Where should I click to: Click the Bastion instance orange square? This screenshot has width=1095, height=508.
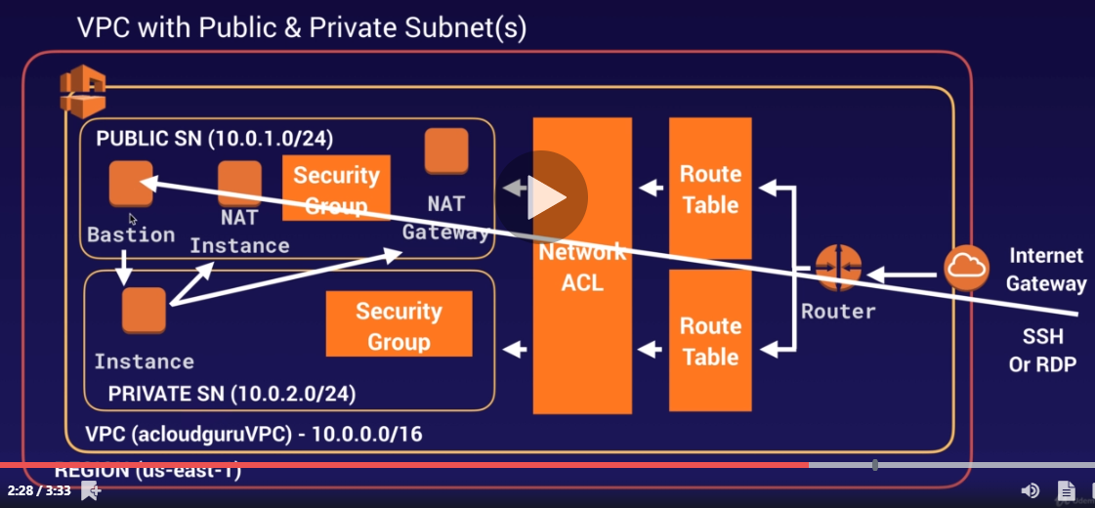pos(131,184)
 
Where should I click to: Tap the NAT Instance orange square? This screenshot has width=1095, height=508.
pos(239,183)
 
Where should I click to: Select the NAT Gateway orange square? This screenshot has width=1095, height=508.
pos(446,151)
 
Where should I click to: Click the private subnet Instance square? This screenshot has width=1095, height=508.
pos(144,311)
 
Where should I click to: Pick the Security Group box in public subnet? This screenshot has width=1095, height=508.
pos(336,189)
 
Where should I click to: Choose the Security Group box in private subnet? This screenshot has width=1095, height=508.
pos(399,326)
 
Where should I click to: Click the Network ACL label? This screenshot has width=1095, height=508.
pos(582,268)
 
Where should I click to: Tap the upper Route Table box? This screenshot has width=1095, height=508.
pos(710,189)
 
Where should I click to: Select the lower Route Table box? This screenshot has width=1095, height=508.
pos(710,341)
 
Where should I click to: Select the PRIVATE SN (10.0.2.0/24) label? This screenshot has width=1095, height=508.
pos(232,395)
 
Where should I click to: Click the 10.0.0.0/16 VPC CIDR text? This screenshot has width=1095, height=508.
pos(367,433)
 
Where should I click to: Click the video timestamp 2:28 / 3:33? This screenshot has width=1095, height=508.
pos(39,490)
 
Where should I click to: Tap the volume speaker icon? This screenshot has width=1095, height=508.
pos(1030,490)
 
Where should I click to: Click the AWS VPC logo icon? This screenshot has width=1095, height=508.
pos(82,91)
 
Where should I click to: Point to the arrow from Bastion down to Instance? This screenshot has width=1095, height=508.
pos(125,266)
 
